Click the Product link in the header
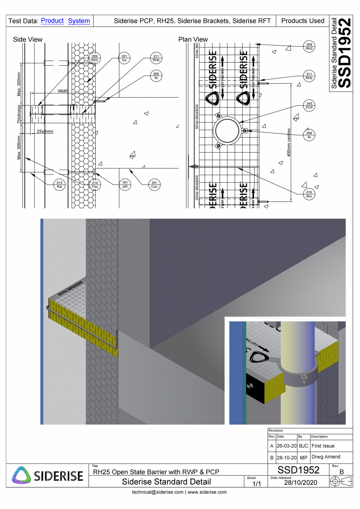coord(52,21)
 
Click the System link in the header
coord(79,21)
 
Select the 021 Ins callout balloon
coord(124,59)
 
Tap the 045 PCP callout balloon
coord(309,105)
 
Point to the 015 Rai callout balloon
coord(59,185)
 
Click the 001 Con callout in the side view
coord(154,185)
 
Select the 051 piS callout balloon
coord(125,185)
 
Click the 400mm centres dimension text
coord(289,142)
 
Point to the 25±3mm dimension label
coord(45,131)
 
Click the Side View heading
coord(28,39)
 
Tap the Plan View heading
coord(193,39)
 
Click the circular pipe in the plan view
coord(227,131)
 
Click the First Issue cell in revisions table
coord(323,446)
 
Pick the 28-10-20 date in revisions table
coord(286,457)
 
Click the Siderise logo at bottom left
coord(47,476)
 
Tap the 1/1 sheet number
coord(256,484)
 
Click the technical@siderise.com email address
coord(158,492)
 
